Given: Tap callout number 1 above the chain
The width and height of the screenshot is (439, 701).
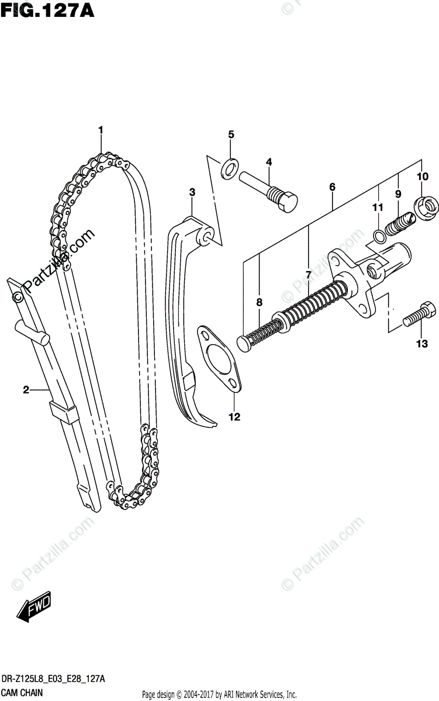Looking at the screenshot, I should (x=101, y=129).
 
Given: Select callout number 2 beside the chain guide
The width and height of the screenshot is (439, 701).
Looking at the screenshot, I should (x=26, y=390).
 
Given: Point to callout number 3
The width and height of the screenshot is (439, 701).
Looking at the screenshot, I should (x=192, y=192).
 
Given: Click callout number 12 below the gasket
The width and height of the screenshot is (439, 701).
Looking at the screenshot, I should (x=234, y=417).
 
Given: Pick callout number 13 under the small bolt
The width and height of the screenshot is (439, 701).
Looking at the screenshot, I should (x=422, y=345).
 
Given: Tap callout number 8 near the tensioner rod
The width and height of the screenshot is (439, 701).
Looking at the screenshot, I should (x=260, y=302).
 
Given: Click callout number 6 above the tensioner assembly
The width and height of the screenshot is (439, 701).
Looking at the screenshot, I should (x=332, y=187).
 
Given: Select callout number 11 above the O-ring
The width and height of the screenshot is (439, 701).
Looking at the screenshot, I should (x=378, y=207).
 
